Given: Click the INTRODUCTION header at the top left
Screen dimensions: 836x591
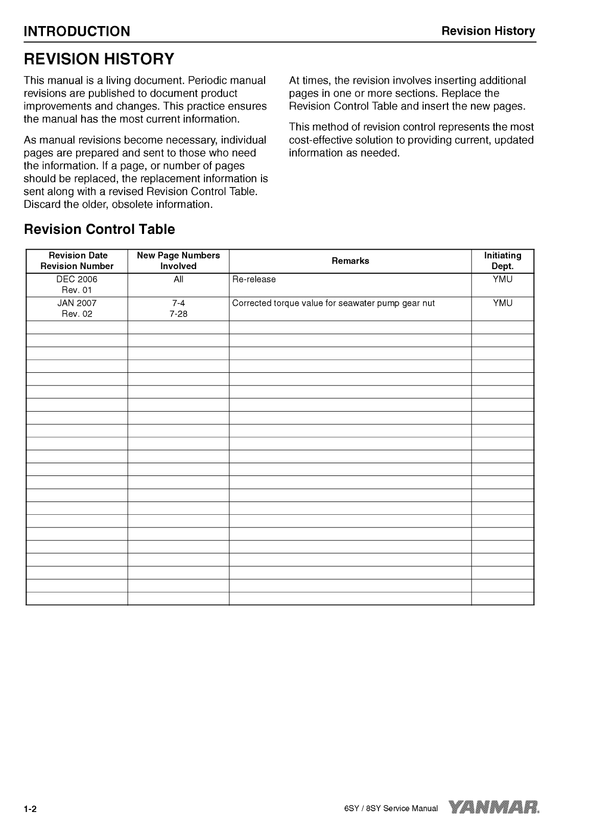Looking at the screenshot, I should pos(77,32).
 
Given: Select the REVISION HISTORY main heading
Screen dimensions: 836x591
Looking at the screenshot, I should pos(99,59).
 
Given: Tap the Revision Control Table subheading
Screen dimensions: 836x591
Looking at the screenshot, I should pos(99,229).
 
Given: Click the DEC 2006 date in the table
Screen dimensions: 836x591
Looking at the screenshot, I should pos(77,279).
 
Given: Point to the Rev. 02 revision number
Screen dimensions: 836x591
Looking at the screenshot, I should pos(77,314).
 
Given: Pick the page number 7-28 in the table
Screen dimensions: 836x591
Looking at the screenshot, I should pos(178,314).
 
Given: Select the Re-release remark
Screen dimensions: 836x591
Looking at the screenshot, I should pos(254,279).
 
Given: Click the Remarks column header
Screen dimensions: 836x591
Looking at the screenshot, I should pos(350,261).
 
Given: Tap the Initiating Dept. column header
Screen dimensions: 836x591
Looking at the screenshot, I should pos(503,260).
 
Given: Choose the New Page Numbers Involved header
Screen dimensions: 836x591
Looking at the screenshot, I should pos(178,260).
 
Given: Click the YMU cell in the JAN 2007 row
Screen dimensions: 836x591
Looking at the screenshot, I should pos(503,303).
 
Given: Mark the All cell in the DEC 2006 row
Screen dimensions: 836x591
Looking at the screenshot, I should pos(178,279).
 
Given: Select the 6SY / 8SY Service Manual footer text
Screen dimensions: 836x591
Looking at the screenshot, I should pos(391,808).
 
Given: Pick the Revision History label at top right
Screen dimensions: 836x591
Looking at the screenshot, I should pos(488,31).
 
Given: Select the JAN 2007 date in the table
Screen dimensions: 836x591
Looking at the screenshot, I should pos(77,303).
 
